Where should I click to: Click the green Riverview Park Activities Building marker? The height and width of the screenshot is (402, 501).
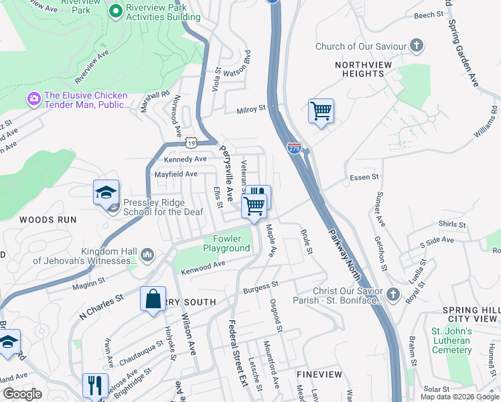[x=115, y=11]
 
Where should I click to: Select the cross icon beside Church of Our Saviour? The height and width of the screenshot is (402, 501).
[x=417, y=46]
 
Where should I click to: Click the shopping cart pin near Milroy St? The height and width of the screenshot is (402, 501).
[x=321, y=111]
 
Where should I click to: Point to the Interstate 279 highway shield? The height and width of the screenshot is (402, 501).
[x=294, y=148]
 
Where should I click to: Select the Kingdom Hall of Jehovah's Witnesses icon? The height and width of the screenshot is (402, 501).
[x=147, y=255]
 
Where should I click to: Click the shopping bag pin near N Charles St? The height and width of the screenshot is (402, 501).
[x=153, y=297]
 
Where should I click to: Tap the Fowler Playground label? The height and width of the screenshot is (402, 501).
[x=231, y=243]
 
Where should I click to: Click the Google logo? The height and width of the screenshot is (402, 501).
[x=22, y=394]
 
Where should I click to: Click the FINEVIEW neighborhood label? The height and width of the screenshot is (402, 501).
[x=319, y=374]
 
